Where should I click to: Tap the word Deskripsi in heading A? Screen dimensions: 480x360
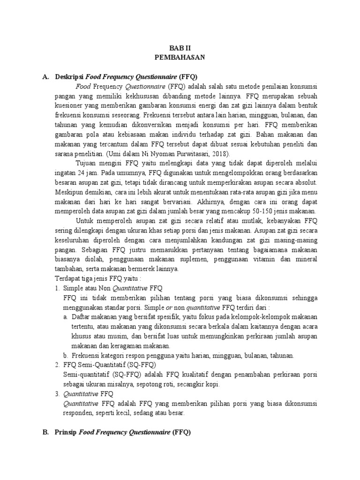[69, 76]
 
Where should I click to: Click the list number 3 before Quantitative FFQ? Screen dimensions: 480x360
[57, 394]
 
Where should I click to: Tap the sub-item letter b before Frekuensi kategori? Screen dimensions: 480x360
[65, 355]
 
